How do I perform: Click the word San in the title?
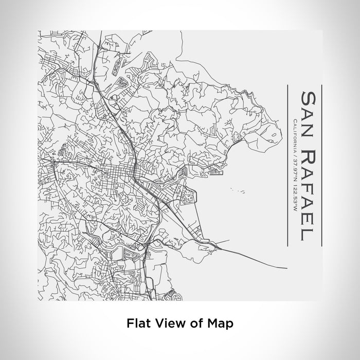pos(308,115)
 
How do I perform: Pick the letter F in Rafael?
pos(308,187)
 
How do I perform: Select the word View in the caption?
pos(165,323)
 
